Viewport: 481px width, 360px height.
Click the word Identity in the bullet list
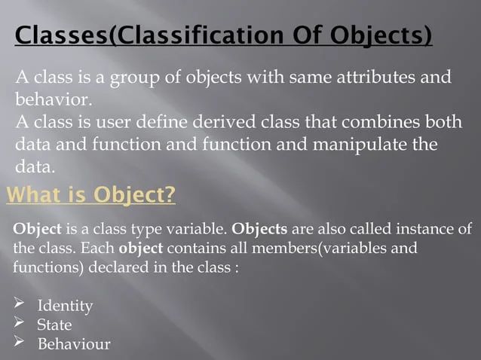(x=65, y=306)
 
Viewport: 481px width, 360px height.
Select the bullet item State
(x=54, y=325)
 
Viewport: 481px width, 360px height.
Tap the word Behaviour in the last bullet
(x=74, y=344)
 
